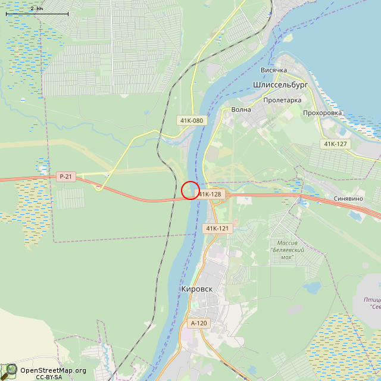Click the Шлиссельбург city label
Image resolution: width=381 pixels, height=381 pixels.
280,85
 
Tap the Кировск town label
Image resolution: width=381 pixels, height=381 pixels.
196,289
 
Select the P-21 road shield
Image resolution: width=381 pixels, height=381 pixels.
65,177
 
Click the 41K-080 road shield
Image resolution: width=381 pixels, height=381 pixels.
191,121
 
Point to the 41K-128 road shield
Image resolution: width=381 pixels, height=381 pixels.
210,194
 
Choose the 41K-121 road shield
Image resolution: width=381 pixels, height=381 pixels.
217,229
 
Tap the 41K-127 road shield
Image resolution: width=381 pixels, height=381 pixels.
336,144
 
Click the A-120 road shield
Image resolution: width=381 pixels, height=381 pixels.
198,323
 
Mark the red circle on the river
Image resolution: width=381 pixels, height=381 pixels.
190,190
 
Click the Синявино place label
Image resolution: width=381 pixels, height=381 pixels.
349,199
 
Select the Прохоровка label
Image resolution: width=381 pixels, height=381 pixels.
322,113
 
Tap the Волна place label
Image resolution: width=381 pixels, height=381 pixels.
241,110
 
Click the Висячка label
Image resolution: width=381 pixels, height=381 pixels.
274,70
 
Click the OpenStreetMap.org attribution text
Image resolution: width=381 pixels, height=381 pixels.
54,370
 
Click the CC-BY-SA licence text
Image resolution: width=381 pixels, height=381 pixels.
49,377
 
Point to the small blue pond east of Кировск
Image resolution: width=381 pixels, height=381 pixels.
311,289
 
